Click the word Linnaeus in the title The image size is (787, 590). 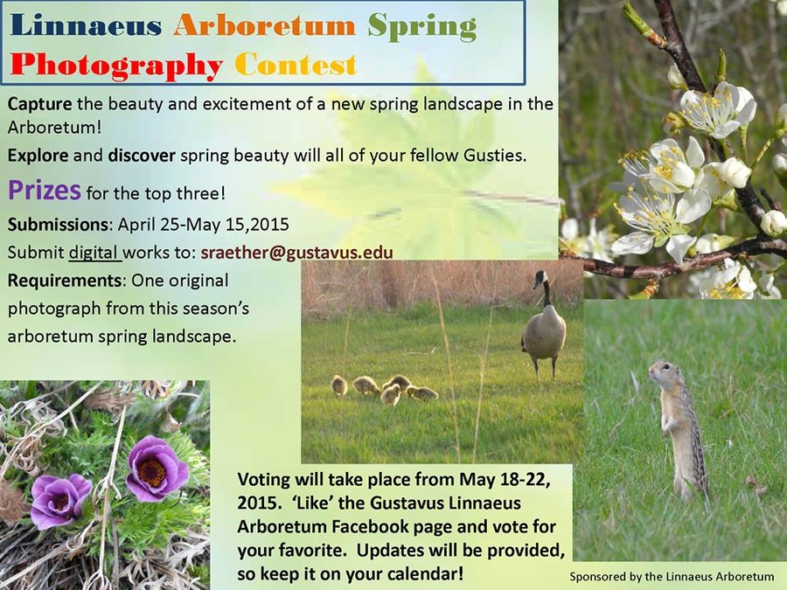(86, 25)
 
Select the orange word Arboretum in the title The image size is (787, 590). (264, 25)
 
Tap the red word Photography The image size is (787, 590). (116, 66)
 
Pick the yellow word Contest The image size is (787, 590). (296, 64)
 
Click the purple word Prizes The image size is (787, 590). (45, 191)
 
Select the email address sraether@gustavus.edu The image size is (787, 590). (296, 253)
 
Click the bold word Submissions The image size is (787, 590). (58, 225)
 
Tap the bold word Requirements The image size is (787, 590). (65, 281)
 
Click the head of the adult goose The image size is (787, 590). (540, 277)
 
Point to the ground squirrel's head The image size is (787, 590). (660, 371)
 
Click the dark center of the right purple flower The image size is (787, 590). (152, 472)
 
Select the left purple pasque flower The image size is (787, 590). (60, 500)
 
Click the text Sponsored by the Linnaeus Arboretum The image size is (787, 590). (672, 577)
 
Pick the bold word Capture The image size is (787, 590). (39, 104)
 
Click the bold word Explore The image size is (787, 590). (38, 156)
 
